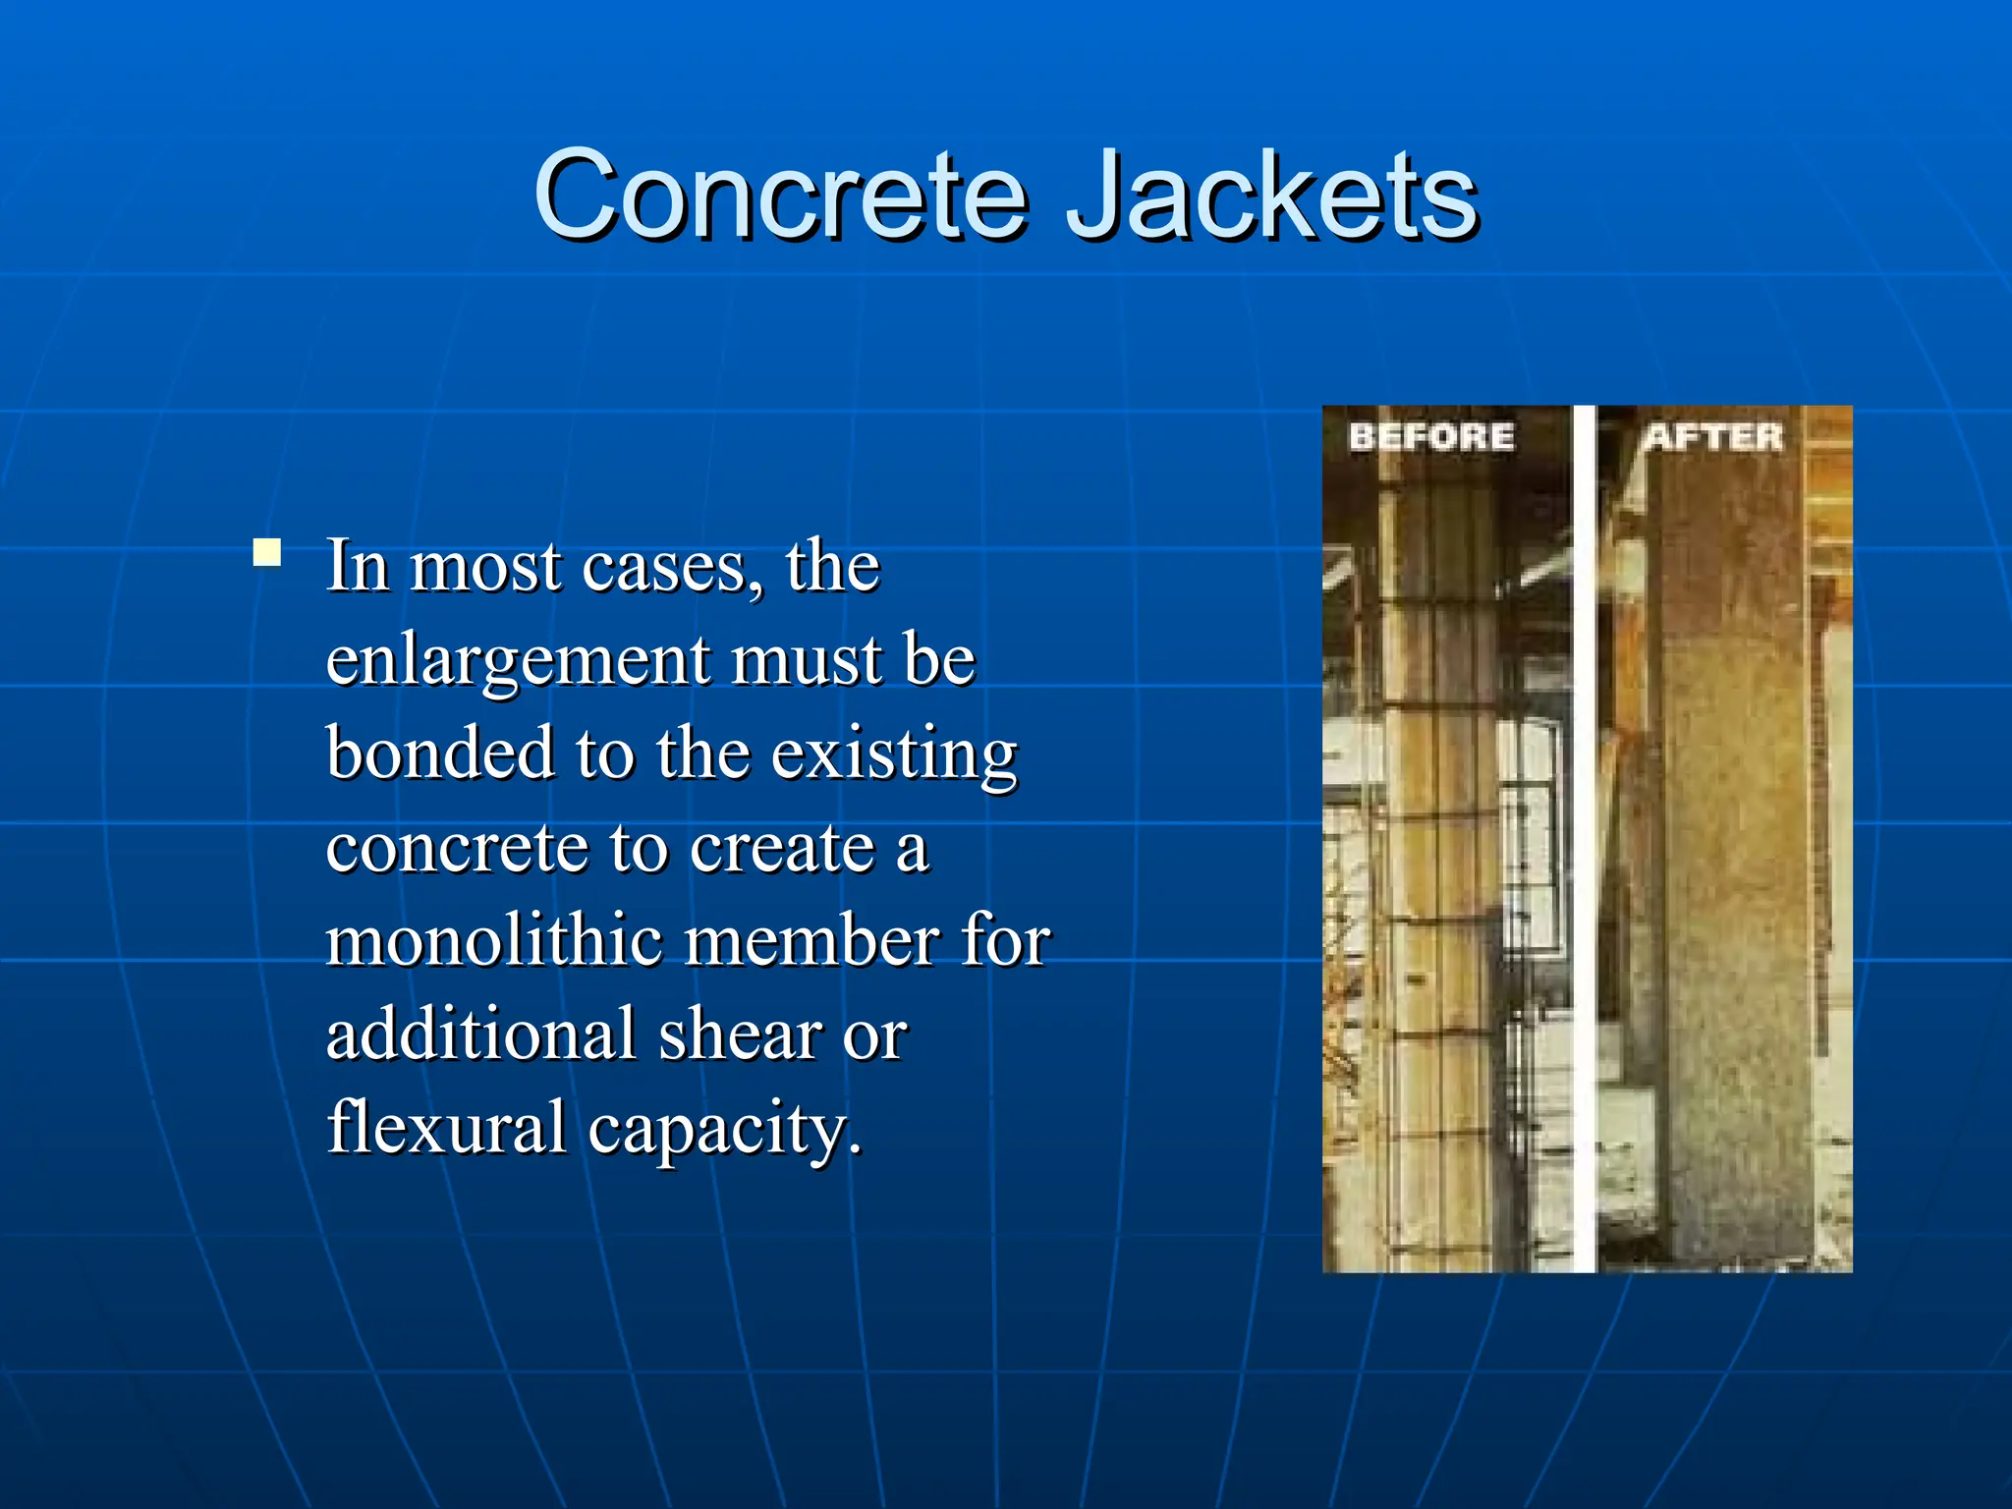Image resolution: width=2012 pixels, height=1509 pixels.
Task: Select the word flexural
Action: tap(446, 1127)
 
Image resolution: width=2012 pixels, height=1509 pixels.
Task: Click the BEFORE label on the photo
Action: tap(1430, 437)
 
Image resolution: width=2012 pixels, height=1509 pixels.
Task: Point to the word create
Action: tap(781, 848)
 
